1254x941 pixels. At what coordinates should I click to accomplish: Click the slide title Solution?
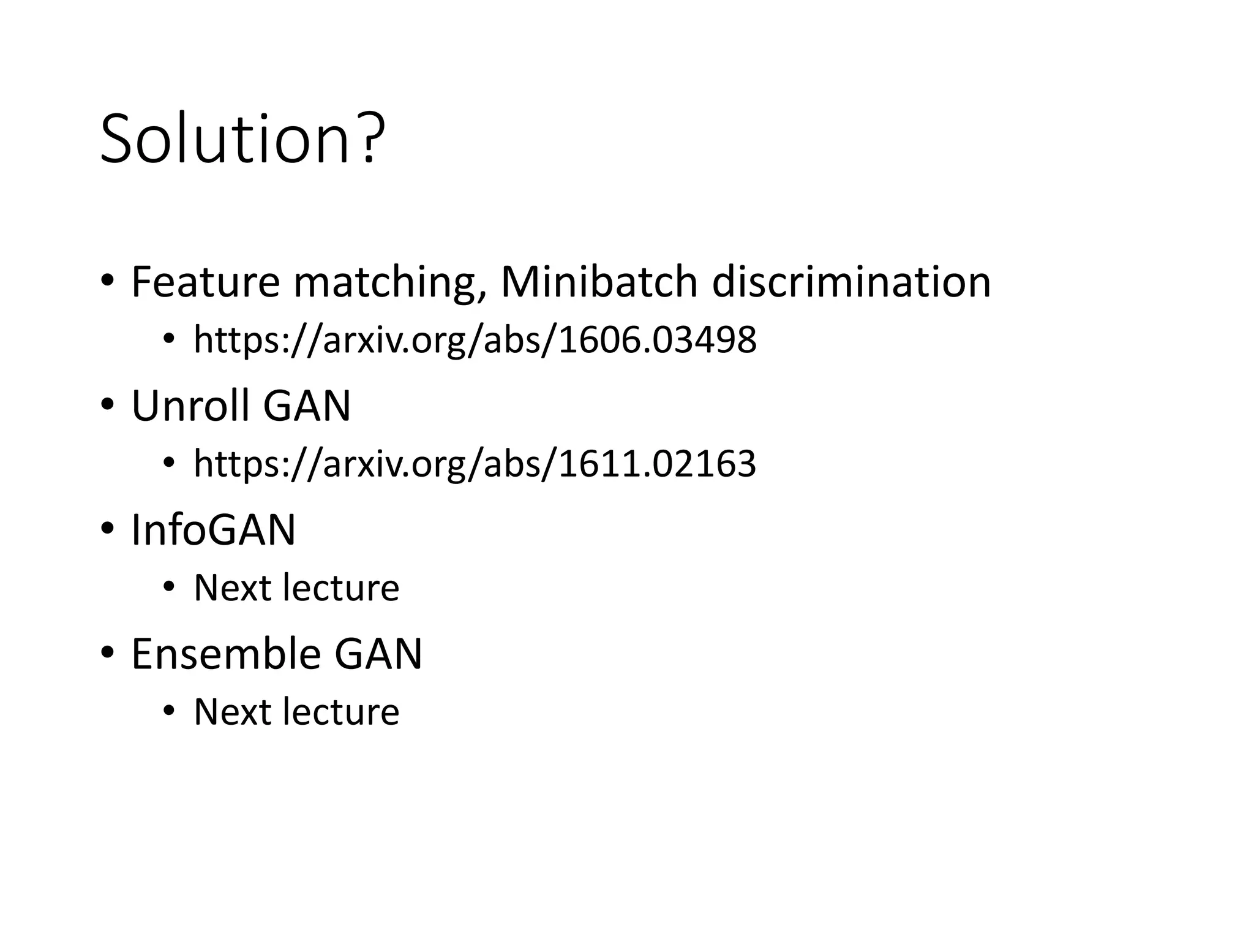coord(242,139)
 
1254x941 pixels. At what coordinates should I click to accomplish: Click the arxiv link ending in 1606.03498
coord(475,340)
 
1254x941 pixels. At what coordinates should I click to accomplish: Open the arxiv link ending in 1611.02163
coord(475,464)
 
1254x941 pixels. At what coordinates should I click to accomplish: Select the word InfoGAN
coord(214,530)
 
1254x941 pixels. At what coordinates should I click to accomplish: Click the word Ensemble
coord(226,654)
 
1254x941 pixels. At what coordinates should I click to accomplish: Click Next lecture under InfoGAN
coord(296,588)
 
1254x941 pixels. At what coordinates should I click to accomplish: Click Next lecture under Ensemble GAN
coord(296,712)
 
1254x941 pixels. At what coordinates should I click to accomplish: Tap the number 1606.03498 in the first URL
coord(658,340)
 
